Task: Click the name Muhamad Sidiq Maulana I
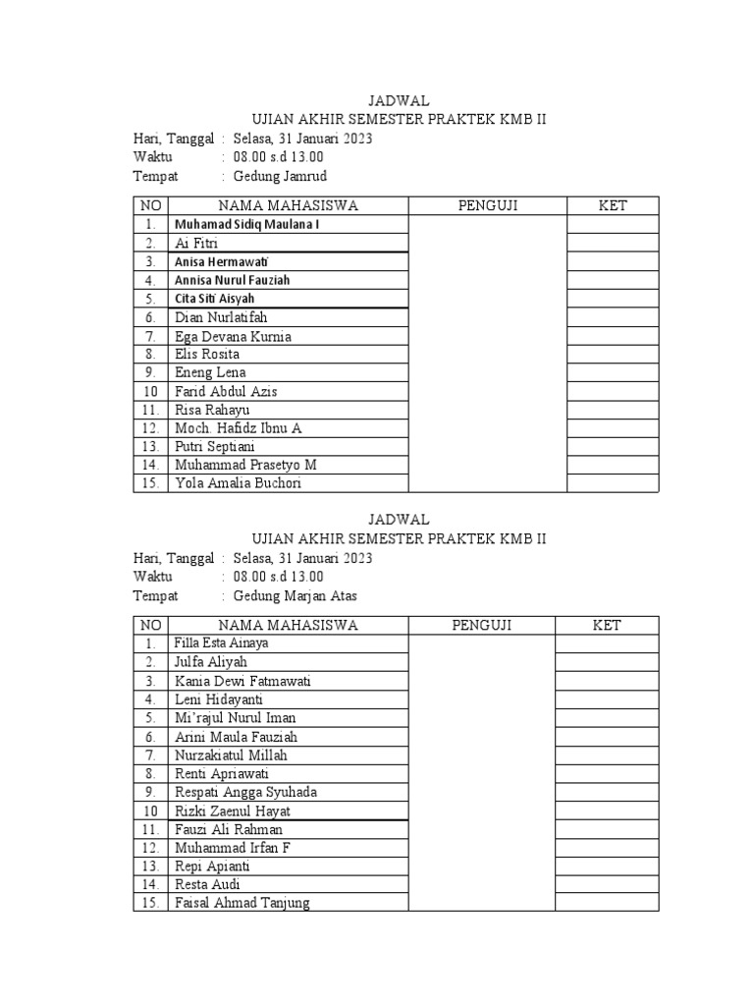pyautogui.click(x=246, y=225)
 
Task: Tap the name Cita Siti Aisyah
pyautogui.click(x=215, y=299)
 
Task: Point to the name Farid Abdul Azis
pyautogui.click(x=226, y=391)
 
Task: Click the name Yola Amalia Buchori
pyautogui.click(x=238, y=483)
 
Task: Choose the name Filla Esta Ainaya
pyautogui.click(x=221, y=643)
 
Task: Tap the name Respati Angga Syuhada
pyautogui.click(x=245, y=792)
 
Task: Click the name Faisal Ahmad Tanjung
pyautogui.click(x=242, y=903)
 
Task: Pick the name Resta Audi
pyautogui.click(x=207, y=884)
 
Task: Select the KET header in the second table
pyautogui.click(x=607, y=625)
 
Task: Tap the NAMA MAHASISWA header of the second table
pyautogui.click(x=288, y=625)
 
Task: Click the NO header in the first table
pyautogui.click(x=150, y=205)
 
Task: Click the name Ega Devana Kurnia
pyautogui.click(x=233, y=336)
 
